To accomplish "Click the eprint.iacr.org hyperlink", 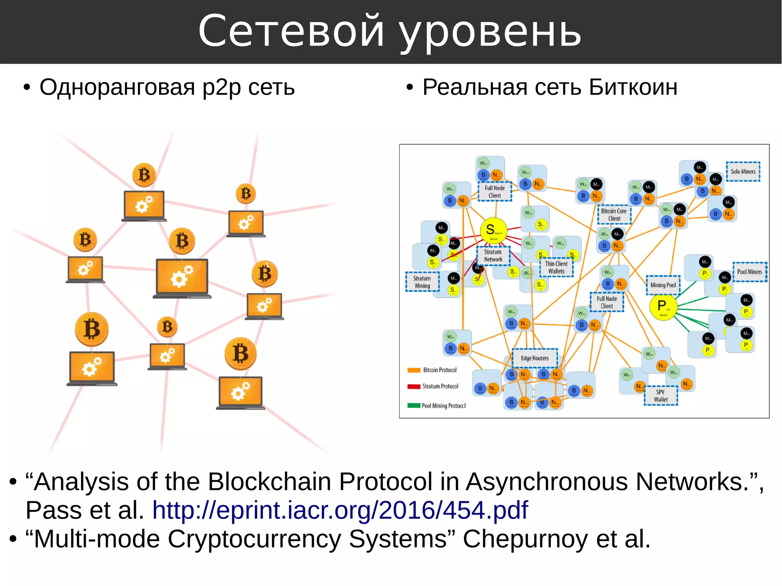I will click(x=340, y=510).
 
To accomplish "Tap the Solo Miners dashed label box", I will click(x=743, y=172).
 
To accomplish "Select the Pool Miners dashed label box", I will click(x=749, y=272).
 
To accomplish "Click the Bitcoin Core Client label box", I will click(x=614, y=215).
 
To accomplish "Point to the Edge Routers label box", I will click(x=535, y=358).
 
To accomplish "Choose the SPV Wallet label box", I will click(x=661, y=396).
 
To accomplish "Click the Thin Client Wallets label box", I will click(x=556, y=267).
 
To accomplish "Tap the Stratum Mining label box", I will click(x=422, y=282).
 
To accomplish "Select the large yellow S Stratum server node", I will click(x=493, y=231).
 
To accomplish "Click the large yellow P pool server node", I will click(x=663, y=307).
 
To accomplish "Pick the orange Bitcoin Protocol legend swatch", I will click(x=414, y=370).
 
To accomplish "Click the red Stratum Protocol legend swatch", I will click(x=414, y=386).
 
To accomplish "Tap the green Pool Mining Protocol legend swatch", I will click(x=414, y=405).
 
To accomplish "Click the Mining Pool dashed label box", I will click(x=663, y=285).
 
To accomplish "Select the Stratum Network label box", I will click(x=493, y=256).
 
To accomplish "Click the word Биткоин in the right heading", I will click(x=633, y=87).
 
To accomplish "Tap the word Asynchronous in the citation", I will click(x=546, y=482).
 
